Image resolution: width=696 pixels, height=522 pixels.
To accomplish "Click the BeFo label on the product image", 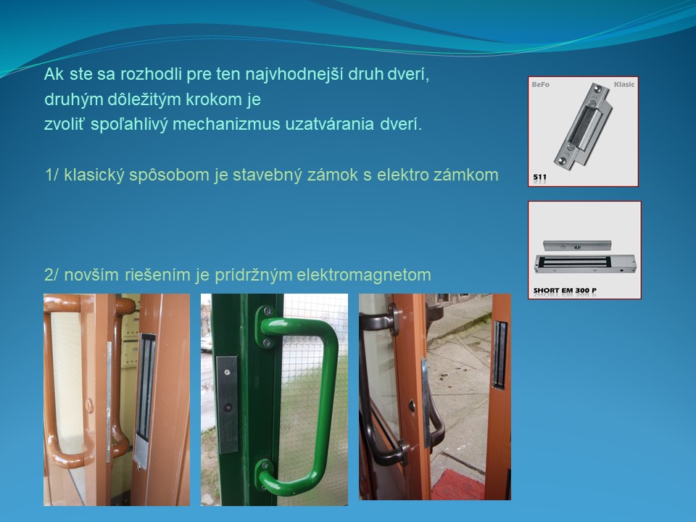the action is tap(541, 84).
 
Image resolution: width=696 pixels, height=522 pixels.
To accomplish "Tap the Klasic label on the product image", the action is tap(624, 84).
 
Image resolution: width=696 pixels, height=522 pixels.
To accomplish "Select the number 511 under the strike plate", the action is tap(539, 177).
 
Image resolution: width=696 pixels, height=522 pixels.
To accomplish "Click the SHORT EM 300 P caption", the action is tap(565, 290).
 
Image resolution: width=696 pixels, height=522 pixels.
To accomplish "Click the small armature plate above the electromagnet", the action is tap(577, 246).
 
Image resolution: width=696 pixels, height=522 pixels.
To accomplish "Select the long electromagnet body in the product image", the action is tap(585, 264).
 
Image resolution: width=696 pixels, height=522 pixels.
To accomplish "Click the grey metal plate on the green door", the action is tap(227, 404).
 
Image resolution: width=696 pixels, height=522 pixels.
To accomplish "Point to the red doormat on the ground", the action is tap(457, 485).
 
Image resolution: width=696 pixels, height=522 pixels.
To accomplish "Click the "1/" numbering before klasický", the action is tap(51, 175).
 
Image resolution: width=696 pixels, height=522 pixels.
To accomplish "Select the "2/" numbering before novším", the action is tap(51, 275).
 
